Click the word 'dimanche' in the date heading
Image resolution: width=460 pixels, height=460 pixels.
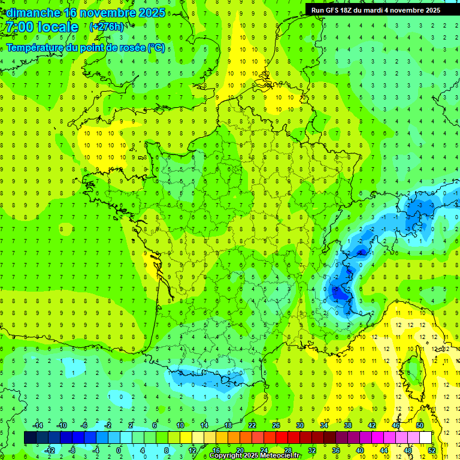tap(31, 13)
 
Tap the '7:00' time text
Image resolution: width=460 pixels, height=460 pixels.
tap(19, 27)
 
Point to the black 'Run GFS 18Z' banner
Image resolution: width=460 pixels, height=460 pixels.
tap(376, 10)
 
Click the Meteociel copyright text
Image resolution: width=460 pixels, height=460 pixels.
tap(255, 456)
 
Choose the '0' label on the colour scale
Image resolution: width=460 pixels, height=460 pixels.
tap(119, 450)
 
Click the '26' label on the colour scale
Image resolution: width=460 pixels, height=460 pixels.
tap(276, 425)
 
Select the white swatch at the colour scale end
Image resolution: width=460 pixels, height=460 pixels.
tap(426, 438)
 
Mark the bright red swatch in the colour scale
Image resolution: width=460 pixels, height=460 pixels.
tap(282, 438)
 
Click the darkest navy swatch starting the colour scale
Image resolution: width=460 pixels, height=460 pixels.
tap(30, 438)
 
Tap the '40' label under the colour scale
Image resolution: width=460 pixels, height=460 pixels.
tap(359, 450)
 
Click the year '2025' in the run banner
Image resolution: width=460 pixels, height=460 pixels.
tap(430, 10)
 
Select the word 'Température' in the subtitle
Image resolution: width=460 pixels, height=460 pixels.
tap(35, 48)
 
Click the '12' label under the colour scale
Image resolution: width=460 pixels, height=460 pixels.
tap(192, 450)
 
